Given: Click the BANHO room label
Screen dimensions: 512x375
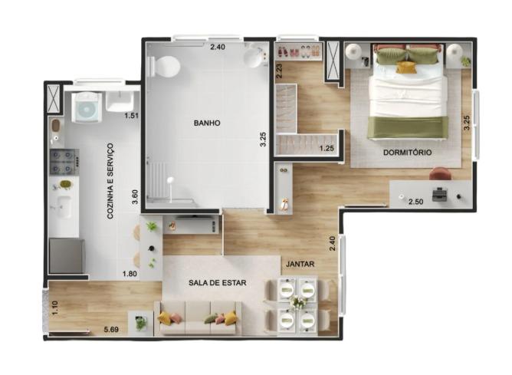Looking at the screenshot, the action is tap(207, 123).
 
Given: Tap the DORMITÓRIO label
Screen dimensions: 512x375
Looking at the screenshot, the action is tap(407, 152).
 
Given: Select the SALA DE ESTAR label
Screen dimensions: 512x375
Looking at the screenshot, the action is tap(218, 283).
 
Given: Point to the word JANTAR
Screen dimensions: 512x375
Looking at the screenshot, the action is tap(300, 264).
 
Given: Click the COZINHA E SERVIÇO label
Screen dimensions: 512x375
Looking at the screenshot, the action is tap(110, 181).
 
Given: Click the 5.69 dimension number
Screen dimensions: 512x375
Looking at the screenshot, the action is tap(111, 330).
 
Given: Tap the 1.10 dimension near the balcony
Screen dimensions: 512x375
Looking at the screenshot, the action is tap(54, 308).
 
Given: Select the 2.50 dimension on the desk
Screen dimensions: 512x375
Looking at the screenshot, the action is tap(416, 202).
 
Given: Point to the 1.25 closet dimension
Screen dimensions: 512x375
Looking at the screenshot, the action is tap(327, 148).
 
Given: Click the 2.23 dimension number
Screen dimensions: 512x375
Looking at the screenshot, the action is tap(279, 71).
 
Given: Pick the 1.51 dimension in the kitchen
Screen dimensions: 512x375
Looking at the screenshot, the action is tap(132, 115).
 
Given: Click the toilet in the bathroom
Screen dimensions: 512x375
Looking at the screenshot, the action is tap(164, 66).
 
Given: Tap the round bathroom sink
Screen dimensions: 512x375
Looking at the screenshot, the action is tap(254, 56).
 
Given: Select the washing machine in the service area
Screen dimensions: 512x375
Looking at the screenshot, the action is tap(86, 107).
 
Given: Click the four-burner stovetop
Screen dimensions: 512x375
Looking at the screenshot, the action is tap(64, 162).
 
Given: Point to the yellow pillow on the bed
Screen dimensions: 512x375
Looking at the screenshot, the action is tap(406, 67).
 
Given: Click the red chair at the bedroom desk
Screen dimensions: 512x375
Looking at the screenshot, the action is tap(441, 174).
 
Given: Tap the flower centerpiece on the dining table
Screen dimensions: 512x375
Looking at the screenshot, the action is tap(297, 302).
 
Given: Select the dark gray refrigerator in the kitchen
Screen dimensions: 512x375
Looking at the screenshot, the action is tap(67, 256).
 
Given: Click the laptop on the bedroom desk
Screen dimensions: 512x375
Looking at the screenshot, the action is tap(440, 194).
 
